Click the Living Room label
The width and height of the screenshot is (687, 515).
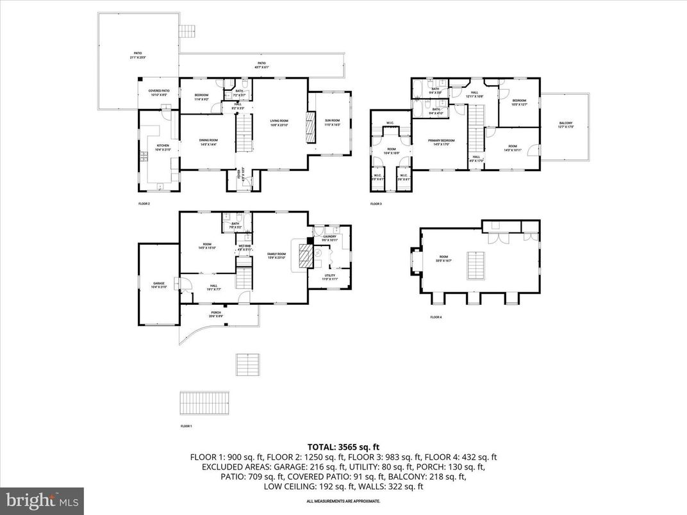coord(278,122)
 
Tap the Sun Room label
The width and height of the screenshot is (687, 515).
coord(332,122)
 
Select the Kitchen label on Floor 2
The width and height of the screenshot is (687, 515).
coord(163,147)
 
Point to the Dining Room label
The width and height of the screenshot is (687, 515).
coord(208,142)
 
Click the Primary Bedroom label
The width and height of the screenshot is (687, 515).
coord(441,142)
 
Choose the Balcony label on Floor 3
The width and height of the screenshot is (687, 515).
coord(566,125)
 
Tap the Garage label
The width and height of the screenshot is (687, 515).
coord(158,285)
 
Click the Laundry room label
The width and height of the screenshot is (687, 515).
coord(330,238)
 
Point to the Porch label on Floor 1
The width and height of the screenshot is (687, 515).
coord(215,315)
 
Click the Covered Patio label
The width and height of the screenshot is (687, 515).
coord(159,93)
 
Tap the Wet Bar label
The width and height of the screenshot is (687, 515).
coord(245,247)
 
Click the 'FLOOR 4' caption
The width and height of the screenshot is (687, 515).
coord(436,317)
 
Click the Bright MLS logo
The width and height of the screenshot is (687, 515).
coord(42,498)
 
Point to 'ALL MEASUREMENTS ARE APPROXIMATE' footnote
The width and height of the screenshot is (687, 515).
coord(343,501)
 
